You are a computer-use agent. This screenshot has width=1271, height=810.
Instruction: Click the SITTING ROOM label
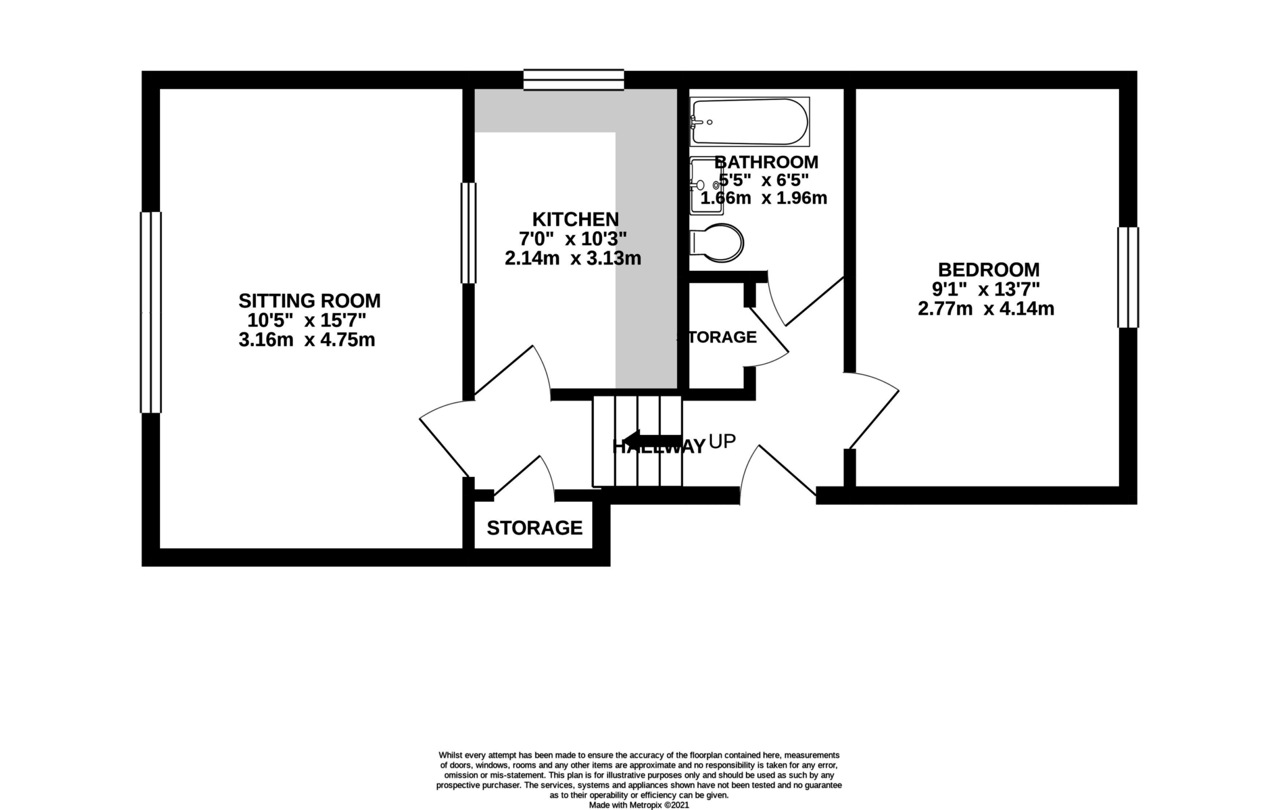(309, 301)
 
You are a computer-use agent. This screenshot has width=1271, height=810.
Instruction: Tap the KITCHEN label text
(575, 219)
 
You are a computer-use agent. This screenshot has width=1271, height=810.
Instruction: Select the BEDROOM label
(988, 270)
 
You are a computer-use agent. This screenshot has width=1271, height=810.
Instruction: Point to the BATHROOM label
(767, 162)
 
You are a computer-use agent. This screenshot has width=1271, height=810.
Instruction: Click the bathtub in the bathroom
(750, 122)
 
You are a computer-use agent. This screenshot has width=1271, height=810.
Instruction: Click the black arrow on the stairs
(649, 440)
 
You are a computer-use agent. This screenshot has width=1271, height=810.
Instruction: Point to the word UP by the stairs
(722, 442)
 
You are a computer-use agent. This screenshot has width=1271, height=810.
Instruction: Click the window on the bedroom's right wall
(1128, 277)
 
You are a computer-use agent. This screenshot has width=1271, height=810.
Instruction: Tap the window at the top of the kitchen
(573, 80)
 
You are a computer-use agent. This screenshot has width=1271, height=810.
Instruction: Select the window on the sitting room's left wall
(151, 312)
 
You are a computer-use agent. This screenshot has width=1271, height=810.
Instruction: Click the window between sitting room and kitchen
(468, 233)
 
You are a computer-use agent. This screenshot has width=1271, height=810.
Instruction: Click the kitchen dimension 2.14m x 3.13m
(572, 258)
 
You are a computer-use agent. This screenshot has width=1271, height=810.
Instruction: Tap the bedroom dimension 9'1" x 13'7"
(986, 289)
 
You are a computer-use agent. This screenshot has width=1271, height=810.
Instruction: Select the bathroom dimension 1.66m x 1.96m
(763, 199)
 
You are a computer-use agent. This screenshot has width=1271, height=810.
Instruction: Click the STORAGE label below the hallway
(534, 528)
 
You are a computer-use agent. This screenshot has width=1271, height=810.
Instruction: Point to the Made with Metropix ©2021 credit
(639, 805)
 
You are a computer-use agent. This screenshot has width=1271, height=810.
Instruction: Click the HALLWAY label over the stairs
(658, 447)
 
